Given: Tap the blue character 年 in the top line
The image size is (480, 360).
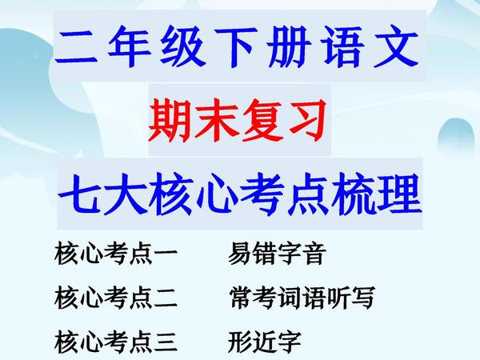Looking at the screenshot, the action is tap(130, 46).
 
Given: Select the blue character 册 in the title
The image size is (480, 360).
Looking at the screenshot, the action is tap(289, 46).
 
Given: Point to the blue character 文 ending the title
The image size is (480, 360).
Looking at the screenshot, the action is tap(396, 46).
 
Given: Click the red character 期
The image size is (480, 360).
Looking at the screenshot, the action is tap(170, 120).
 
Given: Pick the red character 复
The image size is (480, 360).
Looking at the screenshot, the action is tap(262, 120).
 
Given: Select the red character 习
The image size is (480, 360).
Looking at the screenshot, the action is tap(306, 120).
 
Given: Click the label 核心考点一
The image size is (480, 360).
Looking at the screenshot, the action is tap(116, 254).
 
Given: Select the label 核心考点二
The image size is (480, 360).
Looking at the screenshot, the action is tap(116, 298).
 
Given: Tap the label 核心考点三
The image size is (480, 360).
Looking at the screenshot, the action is tap(116, 342).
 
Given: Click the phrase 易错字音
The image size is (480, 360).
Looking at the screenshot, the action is tap(276, 254).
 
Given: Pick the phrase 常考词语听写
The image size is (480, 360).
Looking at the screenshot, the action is tap(302, 298).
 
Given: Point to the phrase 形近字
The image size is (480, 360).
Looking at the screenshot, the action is tap(265, 342).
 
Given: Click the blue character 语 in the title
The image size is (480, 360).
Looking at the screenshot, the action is tap(343, 46).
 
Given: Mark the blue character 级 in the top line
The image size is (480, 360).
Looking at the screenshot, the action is tap(182, 46).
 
